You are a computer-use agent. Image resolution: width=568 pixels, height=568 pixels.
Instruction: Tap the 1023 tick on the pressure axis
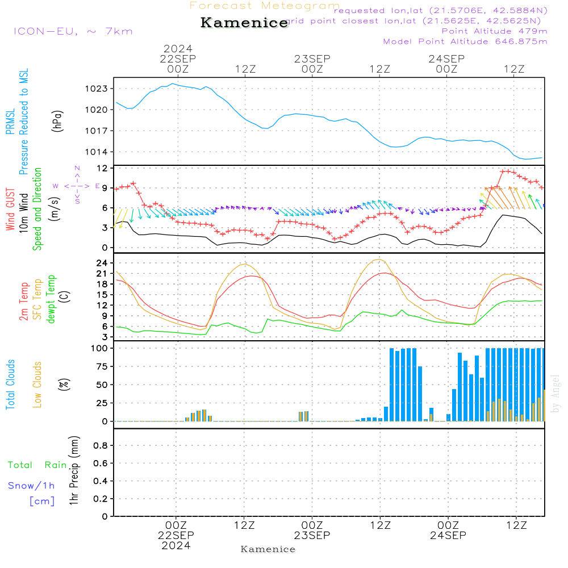coord(98,89)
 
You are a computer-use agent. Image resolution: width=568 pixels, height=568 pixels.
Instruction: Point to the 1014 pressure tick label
coord(98,152)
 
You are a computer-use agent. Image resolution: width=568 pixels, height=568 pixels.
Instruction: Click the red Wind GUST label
coord(10,210)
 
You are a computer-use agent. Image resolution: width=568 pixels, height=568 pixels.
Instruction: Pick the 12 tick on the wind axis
coord(102,169)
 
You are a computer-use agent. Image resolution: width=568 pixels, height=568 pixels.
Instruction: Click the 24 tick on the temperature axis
coord(102,263)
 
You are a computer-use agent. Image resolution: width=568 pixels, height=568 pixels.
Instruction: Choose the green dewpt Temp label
coord(51,300)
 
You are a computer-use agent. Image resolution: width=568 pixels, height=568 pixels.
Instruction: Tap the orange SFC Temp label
coord(37,299)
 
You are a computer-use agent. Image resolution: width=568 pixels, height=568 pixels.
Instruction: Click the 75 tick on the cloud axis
coord(100,366)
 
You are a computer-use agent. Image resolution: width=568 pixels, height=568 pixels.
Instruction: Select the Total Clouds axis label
coord(10,385)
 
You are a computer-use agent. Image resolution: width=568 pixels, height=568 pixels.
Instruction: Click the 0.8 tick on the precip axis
coord(100,446)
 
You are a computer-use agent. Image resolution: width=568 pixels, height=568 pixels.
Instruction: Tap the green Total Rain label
coord(37,465)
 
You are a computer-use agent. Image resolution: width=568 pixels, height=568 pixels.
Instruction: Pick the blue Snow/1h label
coord(32,486)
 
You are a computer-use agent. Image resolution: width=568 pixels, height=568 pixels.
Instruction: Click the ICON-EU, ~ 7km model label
coord(73,31)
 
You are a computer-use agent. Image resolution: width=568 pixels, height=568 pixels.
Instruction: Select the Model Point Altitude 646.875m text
coord(465,41)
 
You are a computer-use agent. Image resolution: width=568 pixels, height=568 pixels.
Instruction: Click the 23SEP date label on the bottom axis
coord(312,535)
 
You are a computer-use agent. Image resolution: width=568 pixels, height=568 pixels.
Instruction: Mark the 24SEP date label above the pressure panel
coord(446,59)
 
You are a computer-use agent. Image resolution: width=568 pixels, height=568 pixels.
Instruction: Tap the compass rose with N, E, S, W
coord(77,185)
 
